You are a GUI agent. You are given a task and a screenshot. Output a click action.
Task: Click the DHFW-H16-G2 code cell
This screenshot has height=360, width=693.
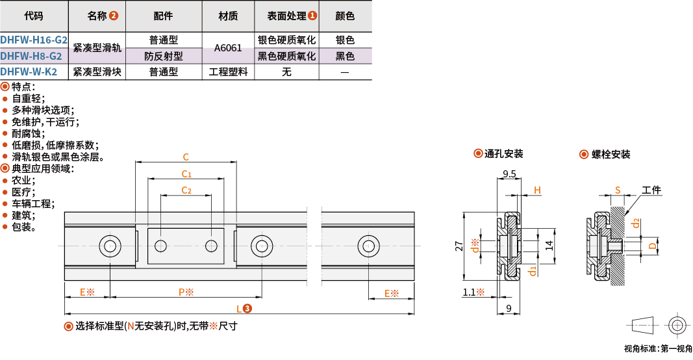coord(34,40)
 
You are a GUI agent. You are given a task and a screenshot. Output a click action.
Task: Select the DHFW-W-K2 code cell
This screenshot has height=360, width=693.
coord(33,71)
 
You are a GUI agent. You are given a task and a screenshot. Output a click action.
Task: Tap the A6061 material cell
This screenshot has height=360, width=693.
coord(228,48)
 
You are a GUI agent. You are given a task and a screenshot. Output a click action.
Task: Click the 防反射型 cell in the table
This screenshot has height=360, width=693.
coord(163,56)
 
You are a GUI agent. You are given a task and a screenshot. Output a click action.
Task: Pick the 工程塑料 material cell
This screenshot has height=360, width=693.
coord(228,71)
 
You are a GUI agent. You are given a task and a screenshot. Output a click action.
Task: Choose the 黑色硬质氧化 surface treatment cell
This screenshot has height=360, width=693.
coord(286,56)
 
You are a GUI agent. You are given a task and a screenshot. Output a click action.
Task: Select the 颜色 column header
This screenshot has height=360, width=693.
coord(345,16)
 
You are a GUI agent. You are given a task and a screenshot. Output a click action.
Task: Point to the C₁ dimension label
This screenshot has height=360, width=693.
coord(186,174)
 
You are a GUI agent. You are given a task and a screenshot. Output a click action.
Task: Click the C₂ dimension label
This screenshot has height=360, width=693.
coord(186,190)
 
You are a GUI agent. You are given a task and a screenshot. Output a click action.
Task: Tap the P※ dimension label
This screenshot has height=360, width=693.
coord(186,292)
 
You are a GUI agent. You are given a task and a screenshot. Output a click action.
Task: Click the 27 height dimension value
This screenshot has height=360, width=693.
coord(459,246)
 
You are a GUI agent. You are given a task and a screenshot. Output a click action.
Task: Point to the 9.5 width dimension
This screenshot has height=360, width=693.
coord(509,174)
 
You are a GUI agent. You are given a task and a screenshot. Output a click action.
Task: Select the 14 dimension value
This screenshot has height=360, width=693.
coord(548,245)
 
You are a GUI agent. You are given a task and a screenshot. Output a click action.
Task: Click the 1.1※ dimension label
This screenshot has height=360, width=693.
coord(474,292)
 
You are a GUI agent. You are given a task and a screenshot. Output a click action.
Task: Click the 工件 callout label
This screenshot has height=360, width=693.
coord(651,190)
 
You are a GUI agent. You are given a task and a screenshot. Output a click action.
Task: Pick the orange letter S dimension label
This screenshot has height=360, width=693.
coord(618,190)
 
